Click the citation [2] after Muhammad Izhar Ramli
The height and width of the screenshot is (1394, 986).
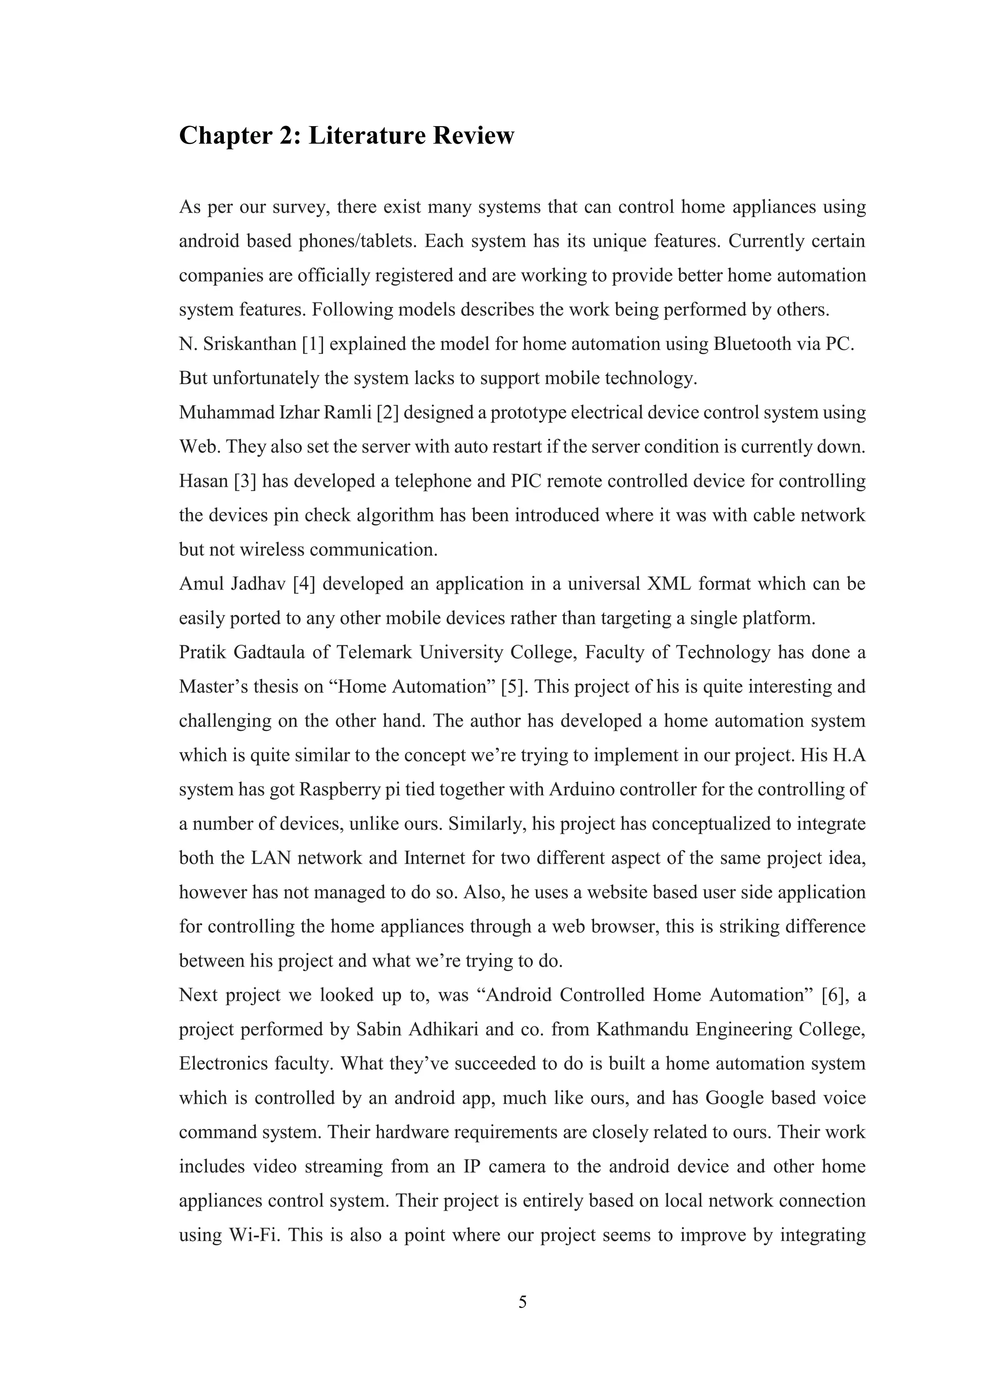tap(388, 413)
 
